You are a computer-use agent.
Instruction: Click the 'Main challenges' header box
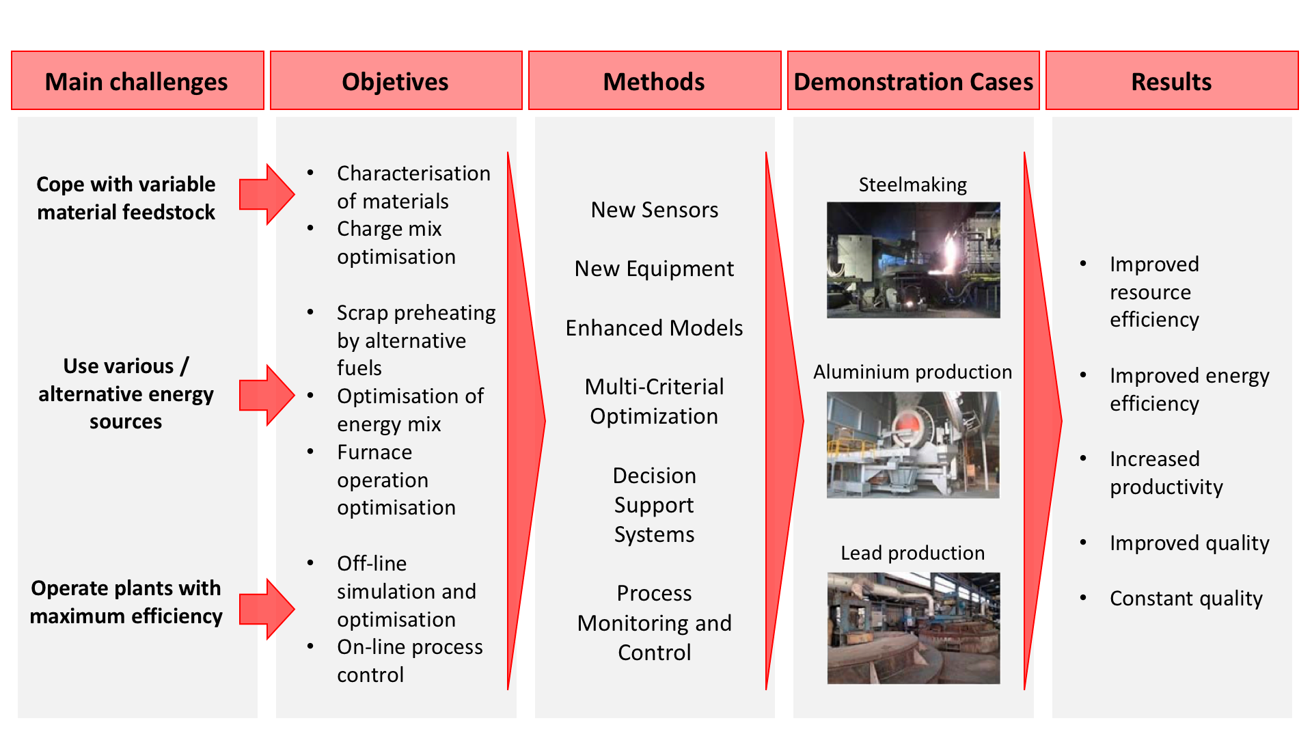pos(137,81)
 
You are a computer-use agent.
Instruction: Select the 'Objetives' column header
pos(396,81)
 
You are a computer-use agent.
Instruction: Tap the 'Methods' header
pos(655,81)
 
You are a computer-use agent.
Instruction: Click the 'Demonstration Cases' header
pos(914,81)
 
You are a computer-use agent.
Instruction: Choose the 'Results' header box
pos(1172,81)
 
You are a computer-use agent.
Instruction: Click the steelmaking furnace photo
pos(914,260)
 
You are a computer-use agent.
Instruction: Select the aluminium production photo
pos(913,445)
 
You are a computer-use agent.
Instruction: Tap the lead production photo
pos(914,628)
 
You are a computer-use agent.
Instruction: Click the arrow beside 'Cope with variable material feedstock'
pos(266,194)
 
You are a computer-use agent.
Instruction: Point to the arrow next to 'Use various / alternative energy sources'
pos(266,395)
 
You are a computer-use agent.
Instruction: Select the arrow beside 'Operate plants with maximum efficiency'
pos(266,609)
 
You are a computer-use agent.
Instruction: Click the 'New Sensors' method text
pos(655,210)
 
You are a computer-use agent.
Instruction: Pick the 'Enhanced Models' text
pos(655,328)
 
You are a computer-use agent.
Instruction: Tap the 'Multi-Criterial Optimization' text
pos(655,402)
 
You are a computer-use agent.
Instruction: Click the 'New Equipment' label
pos(655,269)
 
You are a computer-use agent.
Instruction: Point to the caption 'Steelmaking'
pos(913,184)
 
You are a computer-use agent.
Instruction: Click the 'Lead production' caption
pos(913,553)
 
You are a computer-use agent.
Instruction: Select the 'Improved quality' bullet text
pos(1190,543)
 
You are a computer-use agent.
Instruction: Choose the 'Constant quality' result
pos(1186,599)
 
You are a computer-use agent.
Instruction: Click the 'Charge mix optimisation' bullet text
pos(396,243)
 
